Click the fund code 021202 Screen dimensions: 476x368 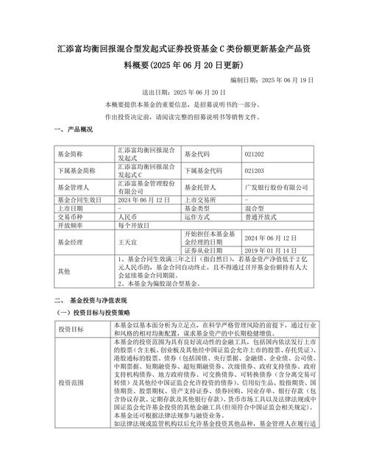point(255,154)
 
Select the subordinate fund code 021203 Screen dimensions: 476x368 point(255,170)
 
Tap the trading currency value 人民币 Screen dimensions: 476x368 point(127,217)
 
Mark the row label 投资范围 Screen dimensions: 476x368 point(71,383)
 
